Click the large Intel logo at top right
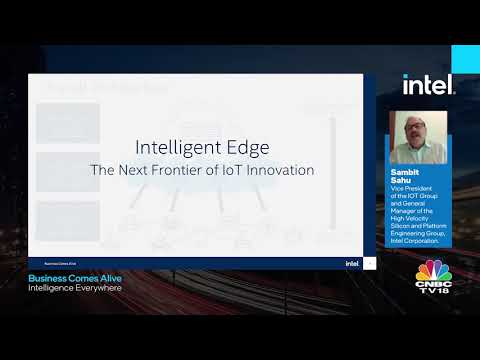pyautogui.click(x=429, y=85)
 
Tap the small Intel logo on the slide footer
pyautogui.click(x=352, y=264)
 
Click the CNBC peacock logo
pyautogui.click(x=434, y=273)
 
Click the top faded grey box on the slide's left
pyautogui.click(x=68, y=122)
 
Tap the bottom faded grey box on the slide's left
pyautogui.click(x=68, y=217)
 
